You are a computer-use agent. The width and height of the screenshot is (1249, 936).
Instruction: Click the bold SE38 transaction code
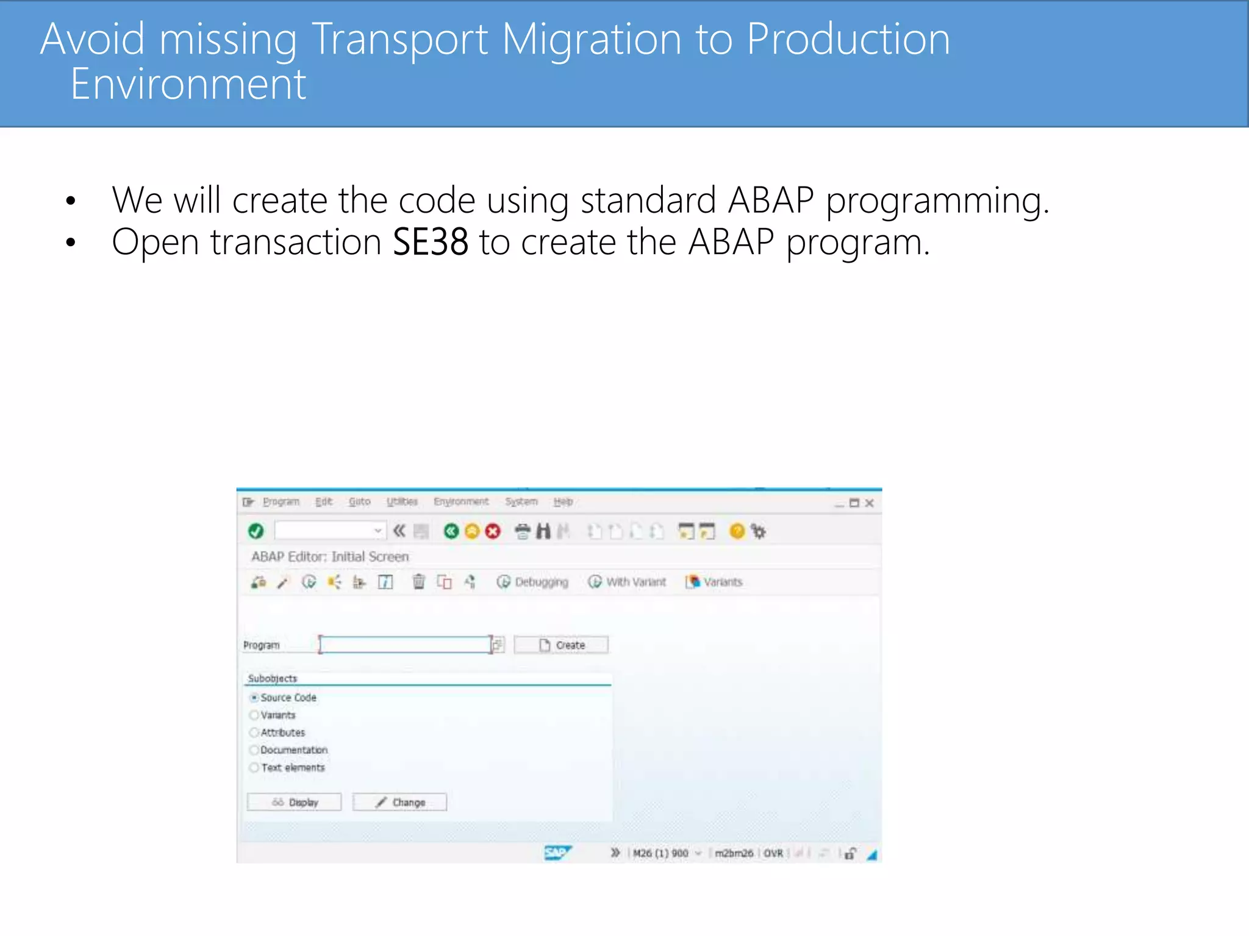(431, 242)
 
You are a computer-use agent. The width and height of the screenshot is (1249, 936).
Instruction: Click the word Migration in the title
(591, 40)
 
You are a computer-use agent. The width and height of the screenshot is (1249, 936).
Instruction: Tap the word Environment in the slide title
(188, 84)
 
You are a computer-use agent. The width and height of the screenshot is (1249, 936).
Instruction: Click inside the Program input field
(405, 645)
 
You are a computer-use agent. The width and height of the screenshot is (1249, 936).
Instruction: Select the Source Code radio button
(254, 698)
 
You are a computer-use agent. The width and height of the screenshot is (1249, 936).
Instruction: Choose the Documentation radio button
(254, 750)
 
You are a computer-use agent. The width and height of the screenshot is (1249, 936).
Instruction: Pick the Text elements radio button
(254, 768)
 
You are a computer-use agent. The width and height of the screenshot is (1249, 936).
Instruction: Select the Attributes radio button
(254, 732)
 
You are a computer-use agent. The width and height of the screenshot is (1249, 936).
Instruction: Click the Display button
(295, 803)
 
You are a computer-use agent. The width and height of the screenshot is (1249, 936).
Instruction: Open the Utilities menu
(402, 502)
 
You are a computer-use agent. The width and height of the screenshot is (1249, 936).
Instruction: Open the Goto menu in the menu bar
(359, 502)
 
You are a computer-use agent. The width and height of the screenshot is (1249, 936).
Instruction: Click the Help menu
(563, 502)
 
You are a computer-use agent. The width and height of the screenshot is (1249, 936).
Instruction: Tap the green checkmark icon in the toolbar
(256, 531)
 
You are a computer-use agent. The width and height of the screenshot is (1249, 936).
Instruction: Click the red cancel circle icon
(493, 531)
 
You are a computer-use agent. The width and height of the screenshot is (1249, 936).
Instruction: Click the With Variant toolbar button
(628, 582)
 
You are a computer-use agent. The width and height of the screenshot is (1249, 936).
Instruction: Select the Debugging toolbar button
(532, 582)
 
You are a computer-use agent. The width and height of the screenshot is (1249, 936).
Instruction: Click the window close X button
(870, 503)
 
